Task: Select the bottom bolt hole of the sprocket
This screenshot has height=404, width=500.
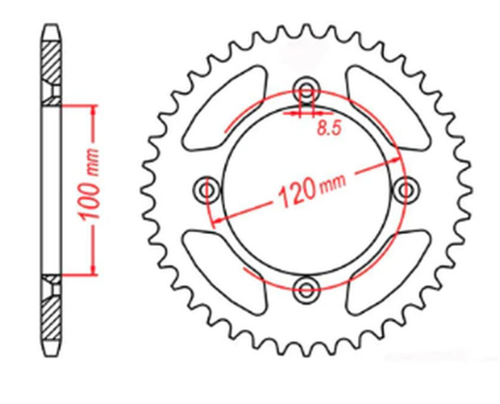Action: (307, 285)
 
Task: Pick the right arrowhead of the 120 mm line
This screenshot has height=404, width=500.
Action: (395, 155)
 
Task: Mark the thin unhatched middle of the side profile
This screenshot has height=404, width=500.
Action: (51, 188)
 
